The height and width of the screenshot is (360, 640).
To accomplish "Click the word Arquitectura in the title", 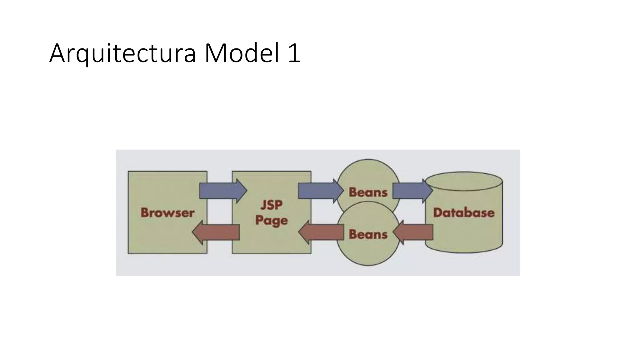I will coord(122,53).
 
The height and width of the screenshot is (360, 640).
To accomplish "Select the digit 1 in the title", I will coord(294,53).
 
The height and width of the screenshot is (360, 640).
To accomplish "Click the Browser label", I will coord(167,213).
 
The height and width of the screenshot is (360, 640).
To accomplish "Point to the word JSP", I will coord(272,205).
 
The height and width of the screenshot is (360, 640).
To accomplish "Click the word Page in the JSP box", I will coord(271,221).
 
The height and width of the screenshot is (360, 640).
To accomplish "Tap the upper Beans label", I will coord(368,192).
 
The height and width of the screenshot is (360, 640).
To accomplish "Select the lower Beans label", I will coord(368,234).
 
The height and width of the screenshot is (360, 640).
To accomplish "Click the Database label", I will coord(464,213).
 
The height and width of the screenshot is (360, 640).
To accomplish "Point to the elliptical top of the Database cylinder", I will coord(464,181).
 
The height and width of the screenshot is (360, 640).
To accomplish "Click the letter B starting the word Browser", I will coord(145,213).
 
